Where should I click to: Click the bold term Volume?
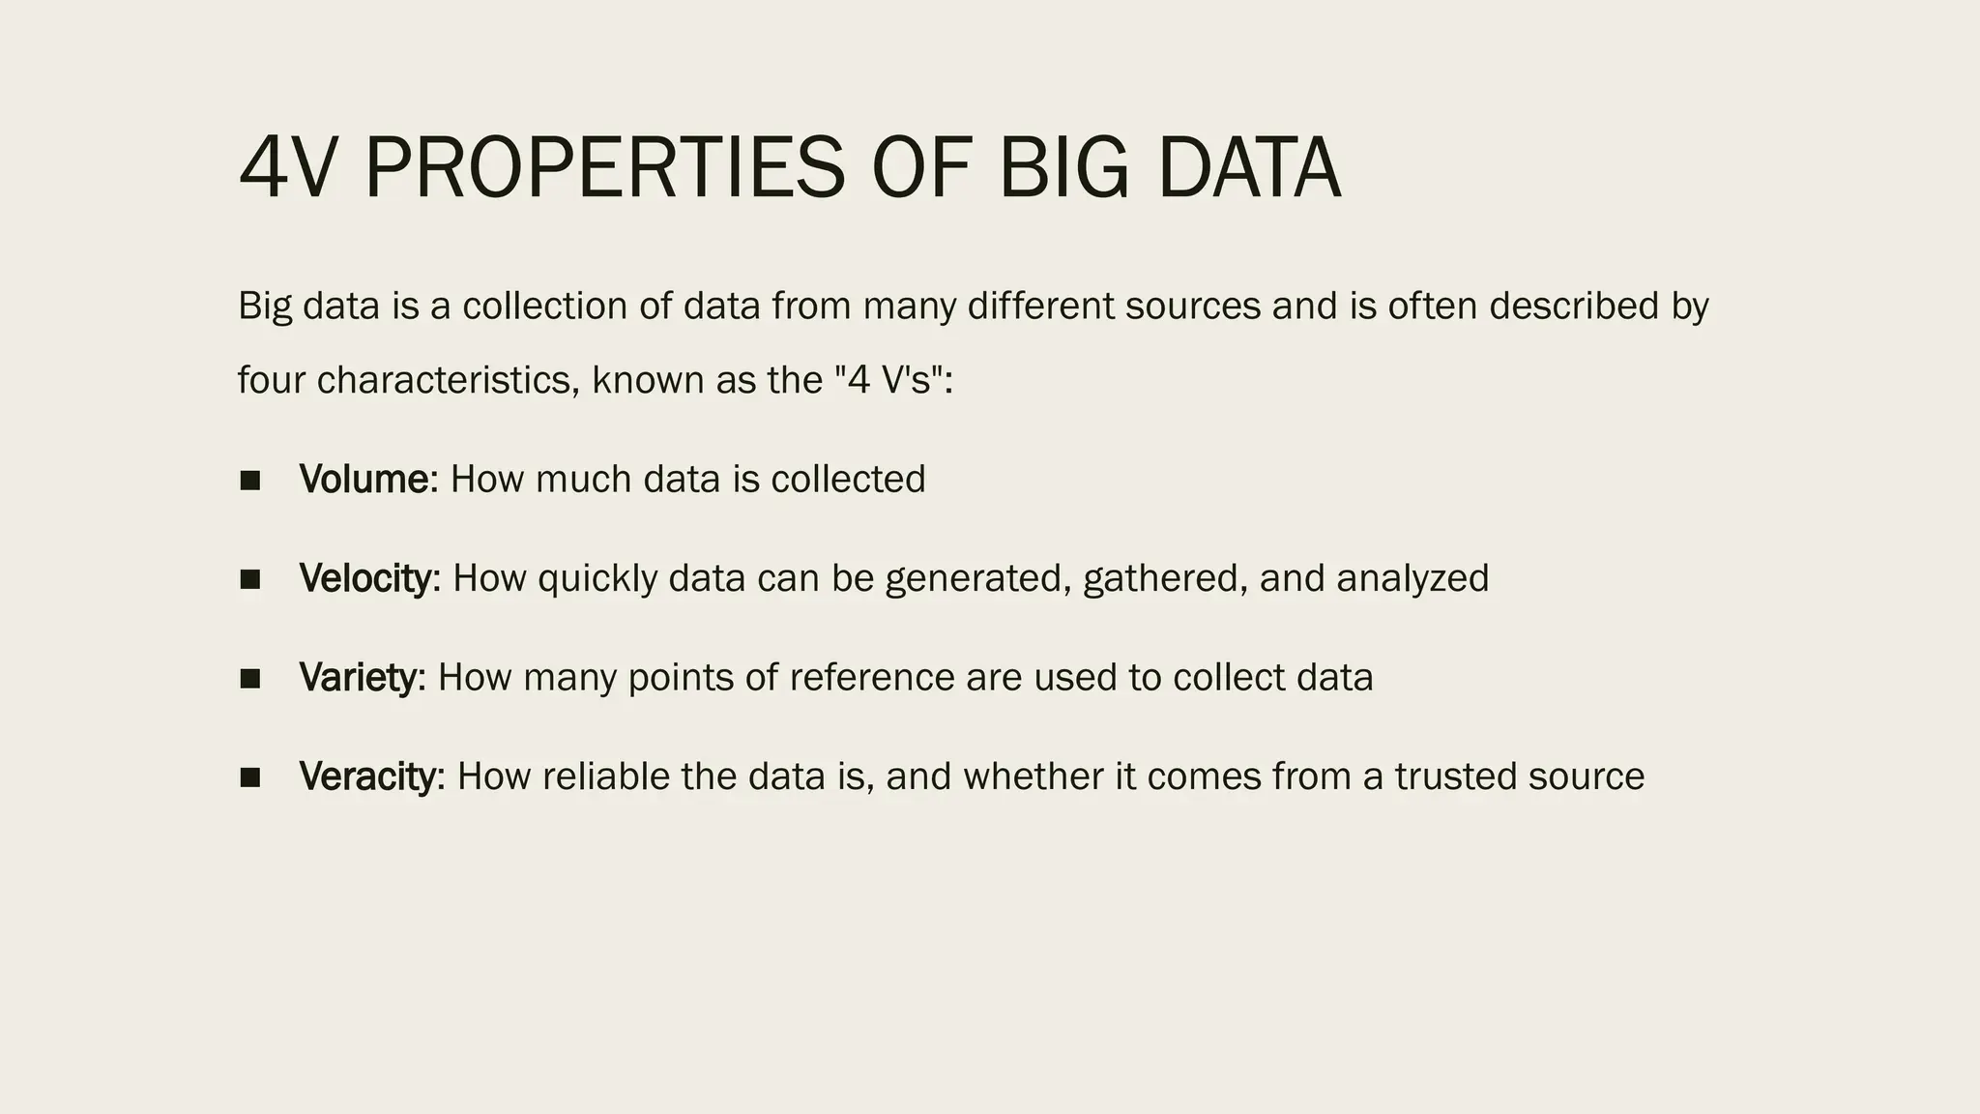click(364, 480)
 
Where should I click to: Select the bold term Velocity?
click(365, 578)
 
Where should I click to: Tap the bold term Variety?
click(357, 677)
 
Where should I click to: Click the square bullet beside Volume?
click(250, 481)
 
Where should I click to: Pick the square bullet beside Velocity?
click(250, 579)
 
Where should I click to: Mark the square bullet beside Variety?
click(250, 678)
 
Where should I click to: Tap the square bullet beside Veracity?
click(250, 777)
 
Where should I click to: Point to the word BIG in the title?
click(1063, 169)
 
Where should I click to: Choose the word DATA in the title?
click(1248, 169)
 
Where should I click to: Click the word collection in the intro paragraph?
click(544, 307)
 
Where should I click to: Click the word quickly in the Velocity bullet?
click(597, 579)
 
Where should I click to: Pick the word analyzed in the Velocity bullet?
click(1412, 579)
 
